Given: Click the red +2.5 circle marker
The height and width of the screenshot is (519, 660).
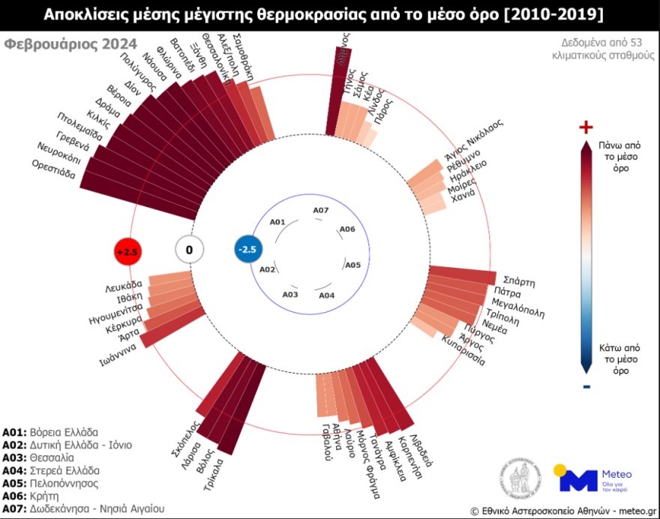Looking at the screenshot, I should point(127,252).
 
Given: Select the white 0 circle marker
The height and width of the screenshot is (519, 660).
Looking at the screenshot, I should point(189,250).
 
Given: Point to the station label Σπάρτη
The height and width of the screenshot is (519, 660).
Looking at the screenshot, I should point(520,282).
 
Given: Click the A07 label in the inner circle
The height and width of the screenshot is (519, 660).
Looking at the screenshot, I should point(320,211).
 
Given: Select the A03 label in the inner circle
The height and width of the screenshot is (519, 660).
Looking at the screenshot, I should point(290,294).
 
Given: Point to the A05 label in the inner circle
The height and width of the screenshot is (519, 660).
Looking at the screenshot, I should point(352,265).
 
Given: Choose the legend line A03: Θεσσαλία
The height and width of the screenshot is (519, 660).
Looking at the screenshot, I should point(38,457).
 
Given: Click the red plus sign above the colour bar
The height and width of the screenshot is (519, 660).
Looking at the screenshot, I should point(586,127).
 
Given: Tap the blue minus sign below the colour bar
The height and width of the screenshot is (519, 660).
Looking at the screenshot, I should point(586,387).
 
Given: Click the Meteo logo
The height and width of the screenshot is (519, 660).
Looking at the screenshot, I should point(592,478).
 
